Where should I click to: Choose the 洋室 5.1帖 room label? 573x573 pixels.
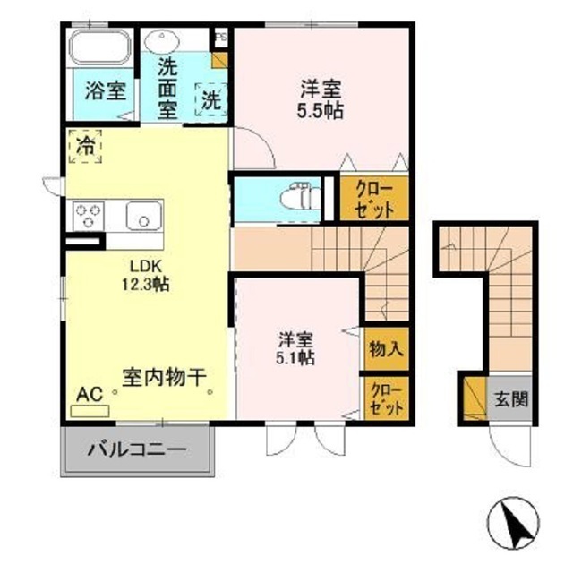click(x=295, y=347)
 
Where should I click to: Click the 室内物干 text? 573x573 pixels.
click(x=154, y=378)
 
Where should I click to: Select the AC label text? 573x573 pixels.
click(x=89, y=393)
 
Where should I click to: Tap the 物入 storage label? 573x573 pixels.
click(x=385, y=349)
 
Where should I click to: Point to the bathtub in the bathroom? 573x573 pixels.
click(x=100, y=46)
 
